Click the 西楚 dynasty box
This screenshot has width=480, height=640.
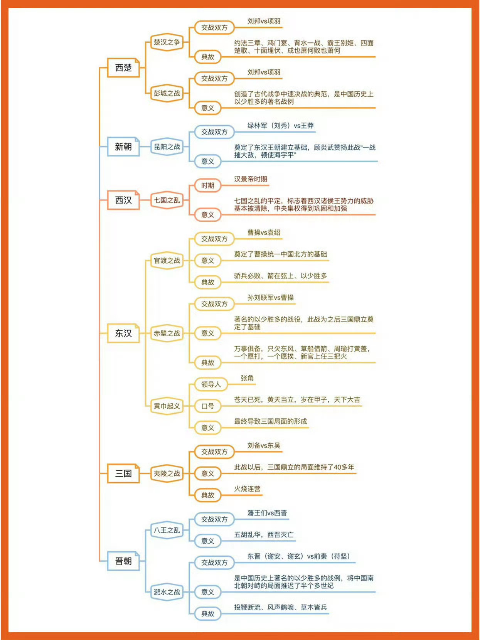pyautogui.click(x=123, y=68)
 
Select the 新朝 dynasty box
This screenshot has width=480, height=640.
pyautogui.click(x=123, y=147)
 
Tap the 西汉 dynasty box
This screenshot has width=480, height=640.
pyautogui.click(x=123, y=200)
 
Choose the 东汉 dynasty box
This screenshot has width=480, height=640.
pyautogui.click(x=123, y=333)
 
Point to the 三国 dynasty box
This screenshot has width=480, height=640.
pyautogui.click(x=123, y=473)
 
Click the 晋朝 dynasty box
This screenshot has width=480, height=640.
pyautogui.click(x=123, y=561)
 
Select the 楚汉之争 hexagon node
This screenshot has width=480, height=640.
pyautogui.click(x=167, y=42)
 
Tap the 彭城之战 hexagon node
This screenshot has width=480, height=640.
pyautogui.click(x=167, y=93)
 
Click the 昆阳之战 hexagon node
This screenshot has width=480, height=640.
pyautogui.click(x=167, y=147)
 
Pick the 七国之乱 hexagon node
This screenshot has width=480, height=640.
pyautogui.click(x=167, y=200)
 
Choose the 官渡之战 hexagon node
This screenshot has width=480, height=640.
pyautogui.click(x=167, y=261)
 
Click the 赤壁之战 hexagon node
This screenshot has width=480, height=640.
pyautogui.click(x=167, y=333)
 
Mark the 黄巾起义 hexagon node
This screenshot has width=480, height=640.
pyautogui.click(x=167, y=406)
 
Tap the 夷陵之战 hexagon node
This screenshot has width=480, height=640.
pyautogui.click(x=167, y=473)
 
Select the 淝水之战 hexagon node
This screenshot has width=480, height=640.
pyautogui.click(x=167, y=592)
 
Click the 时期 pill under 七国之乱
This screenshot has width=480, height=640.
pyautogui.click(x=207, y=185)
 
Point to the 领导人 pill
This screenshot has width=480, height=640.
pyautogui.click(x=211, y=384)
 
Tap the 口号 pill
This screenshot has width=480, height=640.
pyautogui.click(x=207, y=406)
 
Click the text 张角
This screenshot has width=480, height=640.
pyautogui.click(x=247, y=378)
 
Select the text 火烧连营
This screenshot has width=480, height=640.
pyautogui.click(x=247, y=489)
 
